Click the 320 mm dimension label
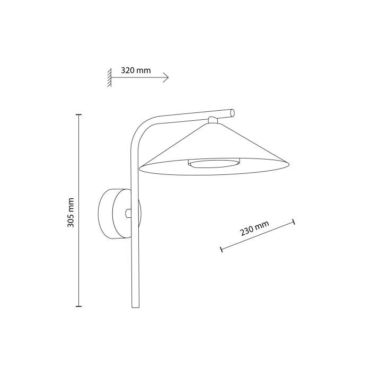(136, 70)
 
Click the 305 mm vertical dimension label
(71, 213)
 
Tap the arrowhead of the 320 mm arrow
(166, 78)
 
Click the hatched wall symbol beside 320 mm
(109, 77)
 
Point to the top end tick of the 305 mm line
(78, 114)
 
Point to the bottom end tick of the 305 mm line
(78, 306)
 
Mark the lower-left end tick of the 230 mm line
(221, 249)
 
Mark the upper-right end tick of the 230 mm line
(293, 222)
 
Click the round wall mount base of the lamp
(112, 213)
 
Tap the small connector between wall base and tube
(128, 213)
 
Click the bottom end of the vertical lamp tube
(135, 306)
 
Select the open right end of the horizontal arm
(232, 112)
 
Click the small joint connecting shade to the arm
(213, 120)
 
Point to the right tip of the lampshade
(289, 164)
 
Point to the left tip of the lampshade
(140, 167)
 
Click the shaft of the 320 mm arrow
(138, 78)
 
